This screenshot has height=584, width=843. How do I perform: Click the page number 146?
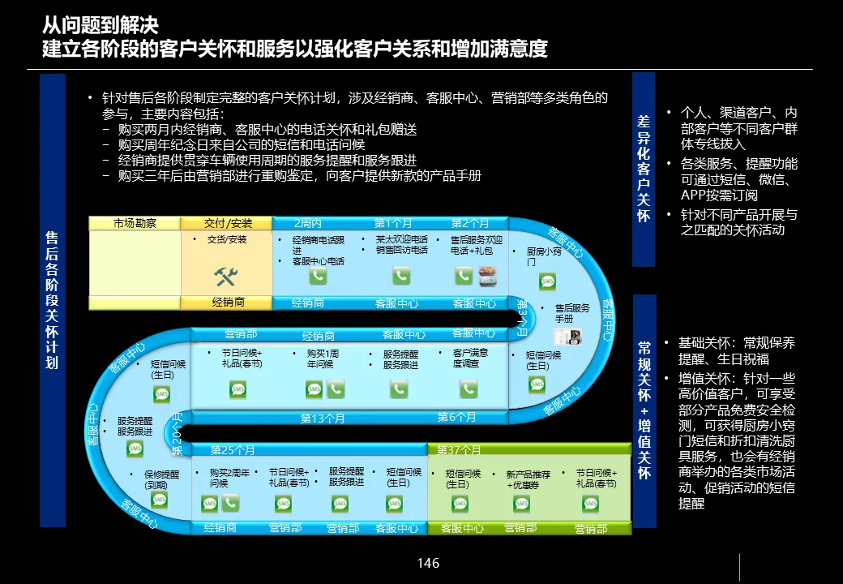pos(428,563)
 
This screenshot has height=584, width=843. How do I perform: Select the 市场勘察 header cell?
pos(135,223)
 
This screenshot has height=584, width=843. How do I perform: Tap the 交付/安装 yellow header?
pos(228,223)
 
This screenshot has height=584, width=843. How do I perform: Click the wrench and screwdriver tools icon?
pos(225,277)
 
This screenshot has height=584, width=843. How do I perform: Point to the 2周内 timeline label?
pos(308,223)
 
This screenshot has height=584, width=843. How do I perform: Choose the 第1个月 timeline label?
pos(393,223)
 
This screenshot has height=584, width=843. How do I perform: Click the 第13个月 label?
pos(323,419)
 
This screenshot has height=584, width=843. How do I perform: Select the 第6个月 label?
pos(456,417)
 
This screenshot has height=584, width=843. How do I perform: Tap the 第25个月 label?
pos(233,450)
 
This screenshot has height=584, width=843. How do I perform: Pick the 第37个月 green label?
pos(459,450)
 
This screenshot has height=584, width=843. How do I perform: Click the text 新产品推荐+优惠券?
pos(528,479)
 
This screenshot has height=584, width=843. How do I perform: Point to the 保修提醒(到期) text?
pos(162,479)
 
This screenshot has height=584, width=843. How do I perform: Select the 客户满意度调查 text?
pos(470,358)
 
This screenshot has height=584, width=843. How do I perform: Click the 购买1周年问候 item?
pos(323,359)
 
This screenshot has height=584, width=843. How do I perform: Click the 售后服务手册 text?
pos(572,313)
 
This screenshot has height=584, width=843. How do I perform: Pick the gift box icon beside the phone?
pos(487,277)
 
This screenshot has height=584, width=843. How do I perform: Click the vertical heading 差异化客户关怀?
pos(644,169)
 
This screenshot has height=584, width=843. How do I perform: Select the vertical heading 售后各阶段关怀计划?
pos(52,300)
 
